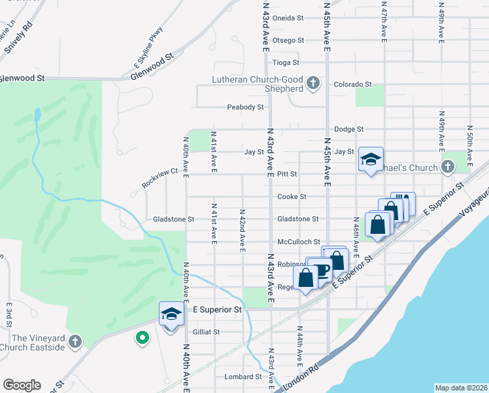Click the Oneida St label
click(288, 18)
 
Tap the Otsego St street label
click(288, 40)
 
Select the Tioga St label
click(286, 63)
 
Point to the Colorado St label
click(352, 84)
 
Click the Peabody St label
click(245, 107)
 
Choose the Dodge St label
click(348, 130)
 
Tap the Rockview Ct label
click(160, 180)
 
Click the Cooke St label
click(292, 196)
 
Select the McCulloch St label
click(298, 242)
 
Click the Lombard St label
click(243, 377)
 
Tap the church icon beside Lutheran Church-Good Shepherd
click(313, 83)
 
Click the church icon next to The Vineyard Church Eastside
click(75, 341)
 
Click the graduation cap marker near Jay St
click(370, 159)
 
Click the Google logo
click(22, 385)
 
